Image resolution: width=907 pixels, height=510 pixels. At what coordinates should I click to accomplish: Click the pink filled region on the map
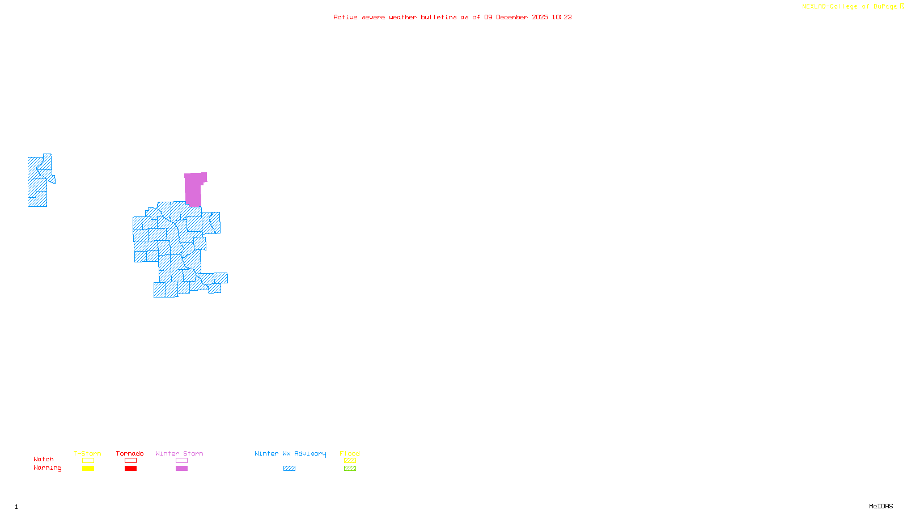point(193,189)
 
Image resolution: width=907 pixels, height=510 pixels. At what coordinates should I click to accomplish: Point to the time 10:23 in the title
point(561,17)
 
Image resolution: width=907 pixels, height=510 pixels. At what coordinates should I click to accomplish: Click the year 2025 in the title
point(540,17)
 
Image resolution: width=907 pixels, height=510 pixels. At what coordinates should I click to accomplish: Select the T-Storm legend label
point(87,453)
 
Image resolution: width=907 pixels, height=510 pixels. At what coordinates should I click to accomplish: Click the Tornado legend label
point(130,453)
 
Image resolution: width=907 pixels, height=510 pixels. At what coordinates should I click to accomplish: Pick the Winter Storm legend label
point(179,453)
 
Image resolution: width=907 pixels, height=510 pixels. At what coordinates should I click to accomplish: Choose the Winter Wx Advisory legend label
point(290,453)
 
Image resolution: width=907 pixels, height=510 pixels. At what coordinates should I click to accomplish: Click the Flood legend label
point(350,453)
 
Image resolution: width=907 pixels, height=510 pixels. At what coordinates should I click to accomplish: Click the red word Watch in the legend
point(44,459)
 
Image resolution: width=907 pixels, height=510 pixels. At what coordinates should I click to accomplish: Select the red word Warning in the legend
point(48,468)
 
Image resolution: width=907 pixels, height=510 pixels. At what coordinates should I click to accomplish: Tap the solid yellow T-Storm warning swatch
point(88,469)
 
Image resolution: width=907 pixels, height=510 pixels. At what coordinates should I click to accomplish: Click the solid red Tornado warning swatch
point(130,469)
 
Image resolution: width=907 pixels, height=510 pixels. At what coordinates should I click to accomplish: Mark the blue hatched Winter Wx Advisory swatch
point(289,469)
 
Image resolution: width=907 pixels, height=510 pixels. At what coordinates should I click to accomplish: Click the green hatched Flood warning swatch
point(350,469)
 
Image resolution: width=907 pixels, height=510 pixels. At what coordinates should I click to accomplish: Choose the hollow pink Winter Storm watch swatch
point(181,461)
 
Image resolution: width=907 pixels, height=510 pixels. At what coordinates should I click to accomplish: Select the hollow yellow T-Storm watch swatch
point(88,461)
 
